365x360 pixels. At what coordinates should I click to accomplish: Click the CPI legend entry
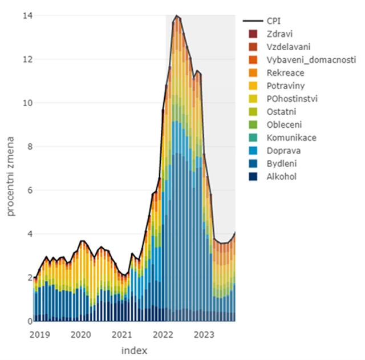275,21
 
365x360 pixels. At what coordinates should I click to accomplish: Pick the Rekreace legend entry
285,73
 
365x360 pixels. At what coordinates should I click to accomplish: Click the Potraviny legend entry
286,86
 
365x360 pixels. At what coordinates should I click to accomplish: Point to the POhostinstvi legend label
292,99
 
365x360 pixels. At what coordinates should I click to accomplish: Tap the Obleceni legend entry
285,125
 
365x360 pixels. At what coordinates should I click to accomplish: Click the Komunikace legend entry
291,137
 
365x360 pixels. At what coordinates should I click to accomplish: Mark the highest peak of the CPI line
176,15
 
